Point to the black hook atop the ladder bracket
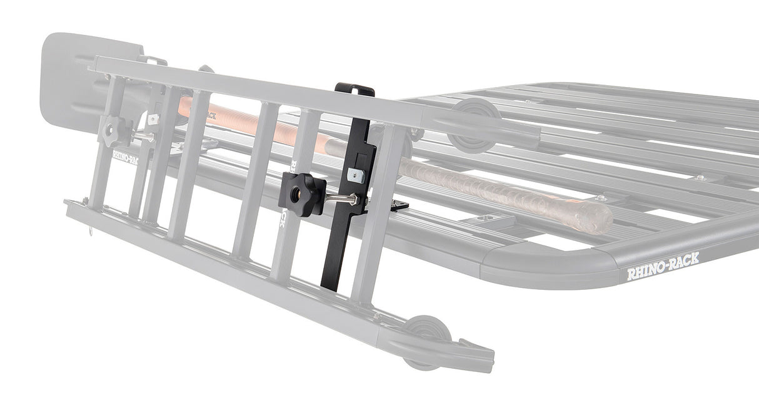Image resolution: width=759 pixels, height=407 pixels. coord(354,90)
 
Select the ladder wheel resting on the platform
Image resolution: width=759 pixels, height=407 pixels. coord(475,125)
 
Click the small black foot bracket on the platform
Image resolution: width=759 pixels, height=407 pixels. coord(398,205)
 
